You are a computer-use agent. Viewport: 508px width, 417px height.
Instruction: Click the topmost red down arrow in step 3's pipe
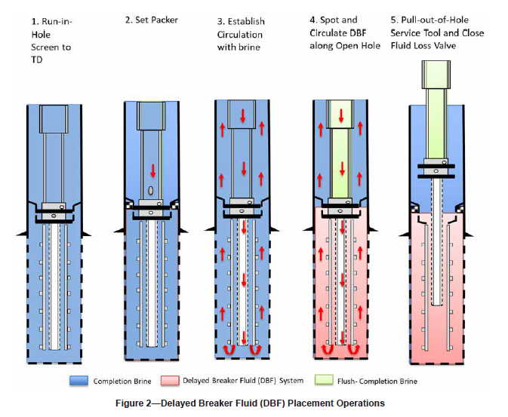243,115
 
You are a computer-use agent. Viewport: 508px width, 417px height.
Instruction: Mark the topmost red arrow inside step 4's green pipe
341,115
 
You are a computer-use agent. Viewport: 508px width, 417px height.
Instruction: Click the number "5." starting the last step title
395,21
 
